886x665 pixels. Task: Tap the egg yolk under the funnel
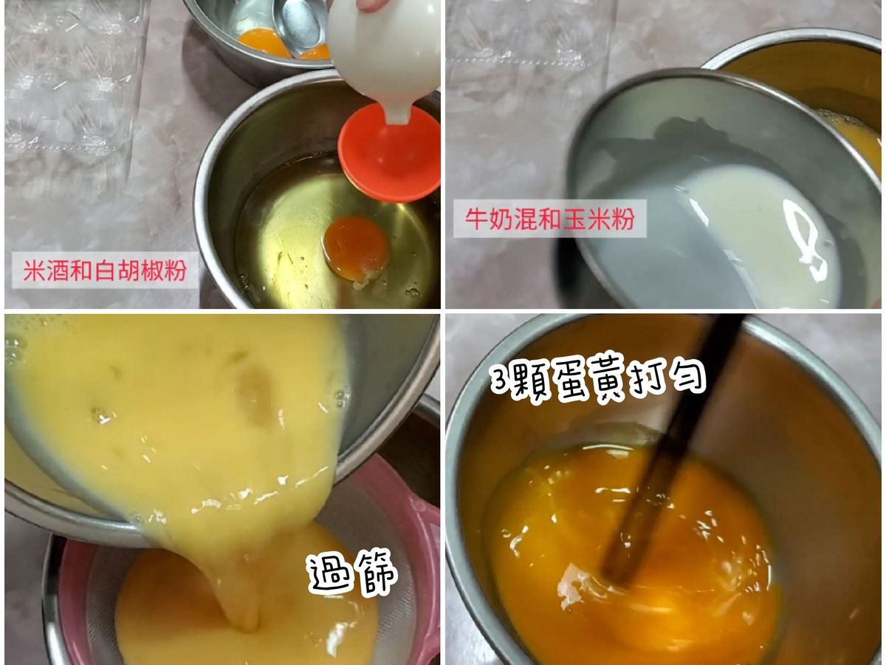coord(356,249)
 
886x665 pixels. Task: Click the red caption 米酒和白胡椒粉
coord(105,270)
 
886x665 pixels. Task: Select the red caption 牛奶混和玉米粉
coord(550,219)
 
